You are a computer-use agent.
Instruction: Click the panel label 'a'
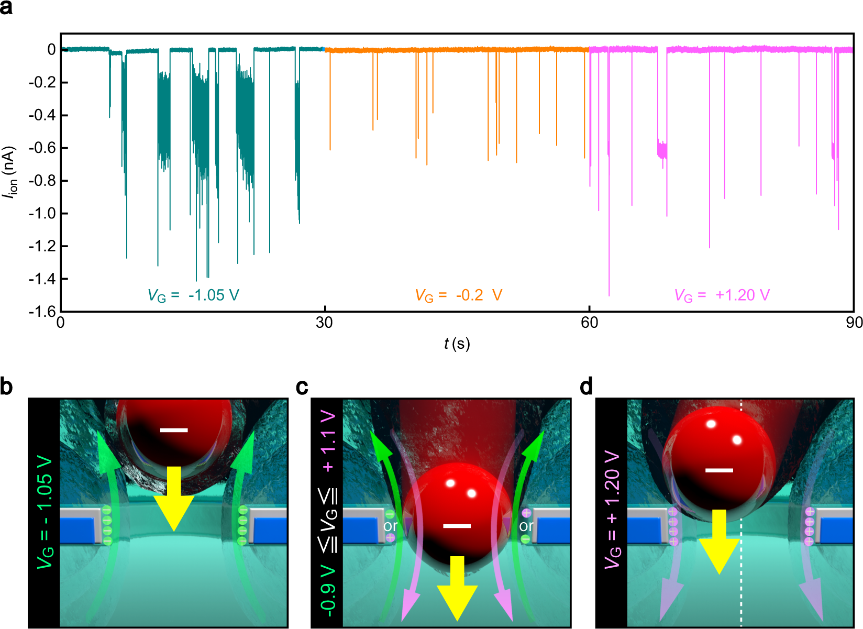tap(6, 8)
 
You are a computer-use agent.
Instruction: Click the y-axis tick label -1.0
tap(42, 213)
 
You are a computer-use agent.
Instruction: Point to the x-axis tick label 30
tap(324, 323)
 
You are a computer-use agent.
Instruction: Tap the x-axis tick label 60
tap(589, 323)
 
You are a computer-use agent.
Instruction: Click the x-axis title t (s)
tap(457, 344)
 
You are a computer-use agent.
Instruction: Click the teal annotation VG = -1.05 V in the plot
tap(193, 295)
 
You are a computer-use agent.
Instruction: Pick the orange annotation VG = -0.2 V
tap(459, 295)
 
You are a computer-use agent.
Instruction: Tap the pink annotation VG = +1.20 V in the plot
tap(722, 295)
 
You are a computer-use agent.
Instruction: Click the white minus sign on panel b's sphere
tap(173, 431)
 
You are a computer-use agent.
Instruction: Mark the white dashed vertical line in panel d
tap(741, 576)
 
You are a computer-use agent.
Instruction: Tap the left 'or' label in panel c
tap(390, 525)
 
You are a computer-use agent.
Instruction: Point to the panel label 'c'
tap(302, 387)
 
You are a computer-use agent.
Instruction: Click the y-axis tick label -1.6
tap(42, 312)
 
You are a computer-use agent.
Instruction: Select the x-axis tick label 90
tap(854, 323)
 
